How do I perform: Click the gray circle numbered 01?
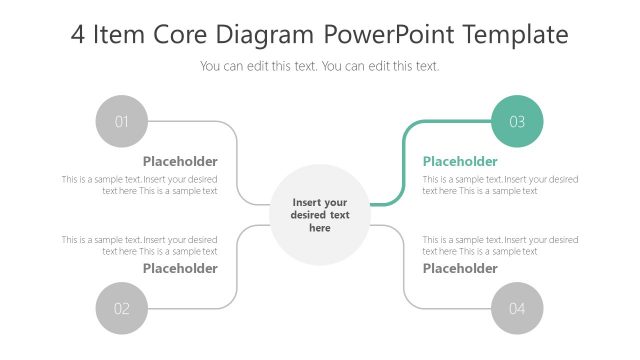pyautogui.click(x=121, y=121)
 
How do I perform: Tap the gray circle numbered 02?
pyautogui.click(x=121, y=308)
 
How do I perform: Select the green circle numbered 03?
pyautogui.click(x=517, y=121)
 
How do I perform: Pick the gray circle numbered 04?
pyautogui.click(x=517, y=308)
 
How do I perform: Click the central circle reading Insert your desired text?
pyautogui.click(x=320, y=215)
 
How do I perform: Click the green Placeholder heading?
pyautogui.click(x=460, y=161)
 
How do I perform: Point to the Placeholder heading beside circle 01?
pyautogui.click(x=180, y=161)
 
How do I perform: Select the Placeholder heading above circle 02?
pyautogui.click(x=180, y=268)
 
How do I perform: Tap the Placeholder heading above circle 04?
pyautogui.click(x=460, y=268)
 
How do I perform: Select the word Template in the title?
pyautogui.click(x=518, y=35)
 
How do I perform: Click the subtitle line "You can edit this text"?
pyautogui.click(x=320, y=66)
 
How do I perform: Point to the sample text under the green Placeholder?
pyautogui.click(x=500, y=185)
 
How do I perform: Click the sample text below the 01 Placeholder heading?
pyautogui.click(x=140, y=185)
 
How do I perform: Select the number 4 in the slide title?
pyautogui.click(x=79, y=35)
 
